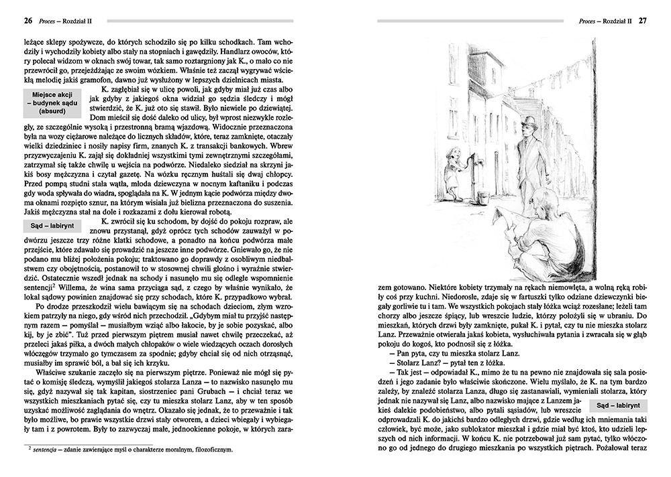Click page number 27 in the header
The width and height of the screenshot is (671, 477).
642,20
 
